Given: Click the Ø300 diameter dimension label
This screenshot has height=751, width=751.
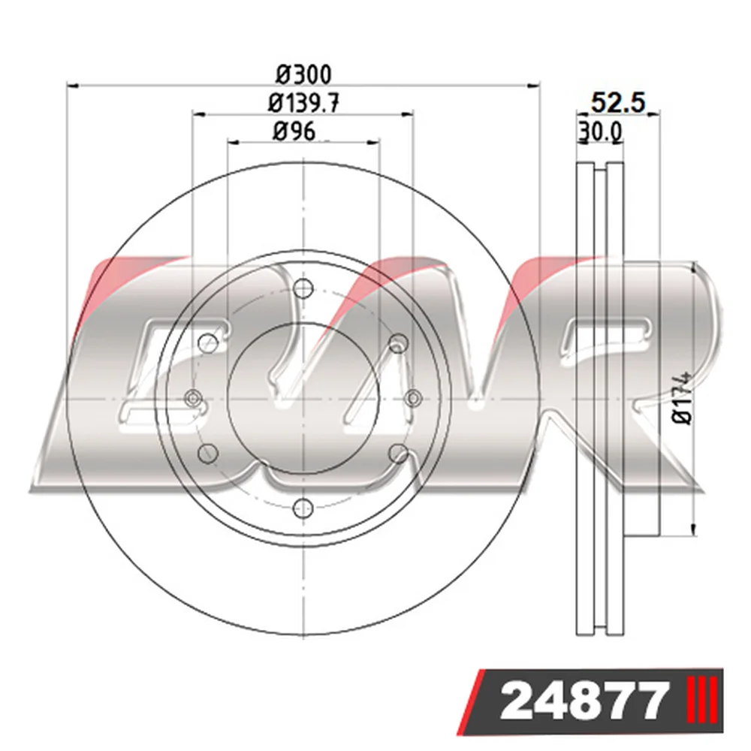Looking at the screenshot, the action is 303,74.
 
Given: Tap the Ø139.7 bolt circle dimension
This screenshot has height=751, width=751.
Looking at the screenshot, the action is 303,103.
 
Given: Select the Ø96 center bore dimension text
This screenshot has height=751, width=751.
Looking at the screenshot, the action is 294,131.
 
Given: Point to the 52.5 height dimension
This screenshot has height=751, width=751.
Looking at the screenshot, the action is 618,102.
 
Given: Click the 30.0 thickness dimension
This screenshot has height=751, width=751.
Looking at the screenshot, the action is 601,131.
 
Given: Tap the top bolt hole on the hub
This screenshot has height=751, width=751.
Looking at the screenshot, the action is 303,288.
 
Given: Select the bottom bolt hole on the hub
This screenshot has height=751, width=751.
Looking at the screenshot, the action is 303,508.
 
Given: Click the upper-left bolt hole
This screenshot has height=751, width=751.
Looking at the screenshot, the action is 208,342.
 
